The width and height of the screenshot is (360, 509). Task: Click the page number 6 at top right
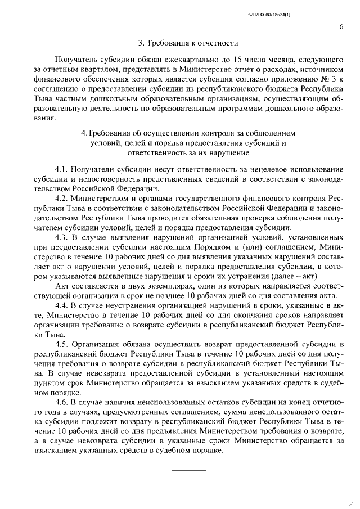341,26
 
